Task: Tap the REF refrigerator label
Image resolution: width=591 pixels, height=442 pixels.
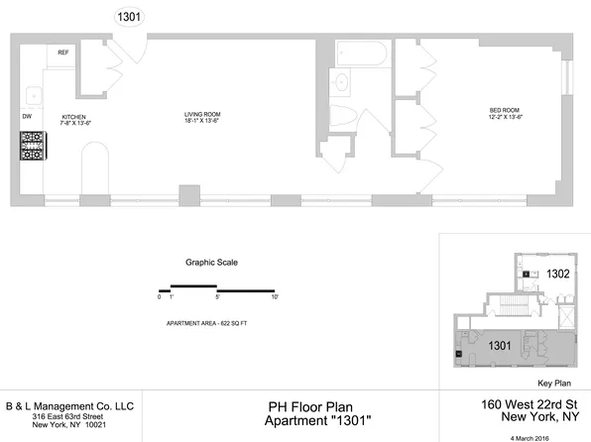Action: click(x=62, y=53)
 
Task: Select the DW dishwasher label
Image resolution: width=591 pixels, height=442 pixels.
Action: click(x=27, y=116)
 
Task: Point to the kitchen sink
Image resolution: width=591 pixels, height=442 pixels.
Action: click(x=32, y=95)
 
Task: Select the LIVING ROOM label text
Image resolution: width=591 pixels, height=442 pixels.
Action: click(x=201, y=115)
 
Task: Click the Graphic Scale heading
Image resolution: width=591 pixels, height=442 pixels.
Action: click(x=211, y=263)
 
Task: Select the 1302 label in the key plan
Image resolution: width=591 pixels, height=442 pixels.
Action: click(x=556, y=276)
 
